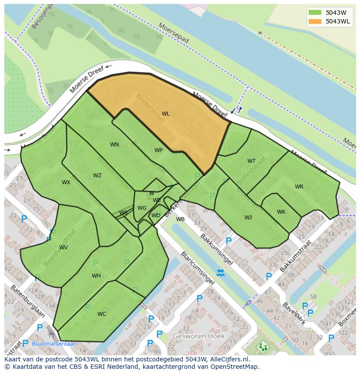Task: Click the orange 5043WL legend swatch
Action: click(x=316, y=21)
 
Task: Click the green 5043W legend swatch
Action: click(x=316, y=13)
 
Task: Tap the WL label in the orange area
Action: click(x=166, y=114)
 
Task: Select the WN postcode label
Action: click(x=114, y=145)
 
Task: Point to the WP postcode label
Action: click(x=158, y=150)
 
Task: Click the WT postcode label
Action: click(x=251, y=161)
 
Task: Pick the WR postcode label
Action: click(x=299, y=187)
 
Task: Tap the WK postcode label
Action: click(x=281, y=212)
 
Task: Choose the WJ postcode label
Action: click(x=248, y=218)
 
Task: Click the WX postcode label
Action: click(x=66, y=182)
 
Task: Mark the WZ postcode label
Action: click(x=97, y=175)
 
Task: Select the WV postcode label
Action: click(x=63, y=248)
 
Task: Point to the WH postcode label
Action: click(x=96, y=276)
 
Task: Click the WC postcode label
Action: click(x=102, y=314)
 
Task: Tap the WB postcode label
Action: click(x=180, y=219)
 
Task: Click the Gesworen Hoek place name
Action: click(x=199, y=336)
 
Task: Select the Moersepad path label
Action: click(x=174, y=33)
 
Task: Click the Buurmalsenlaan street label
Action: click(x=54, y=344)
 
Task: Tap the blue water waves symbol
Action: click(x=220, y=273)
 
